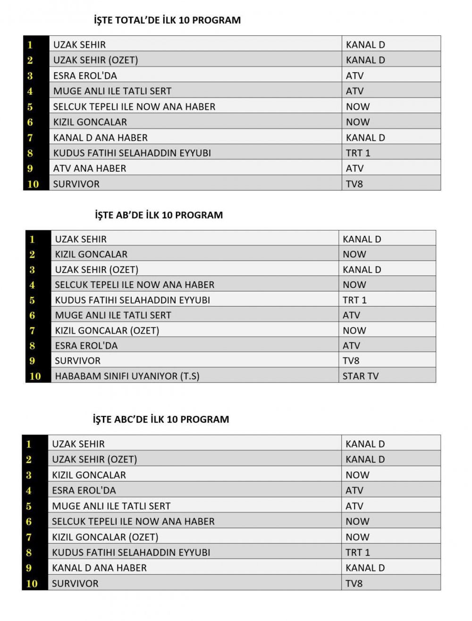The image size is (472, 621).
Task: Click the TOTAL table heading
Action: click(167, 20)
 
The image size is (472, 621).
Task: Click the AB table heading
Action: click(159, 215)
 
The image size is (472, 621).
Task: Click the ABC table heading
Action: click(160, 419)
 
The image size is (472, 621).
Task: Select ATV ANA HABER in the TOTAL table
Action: click(90, 168)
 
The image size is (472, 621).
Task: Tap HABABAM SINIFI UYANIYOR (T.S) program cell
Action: click(127, 376)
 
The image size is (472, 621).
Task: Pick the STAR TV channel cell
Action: click(361, 376)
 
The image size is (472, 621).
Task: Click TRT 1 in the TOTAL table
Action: click(358, 153)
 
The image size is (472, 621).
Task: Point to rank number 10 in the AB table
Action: click(35, 376)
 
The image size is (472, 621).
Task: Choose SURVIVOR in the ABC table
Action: click(75, 583)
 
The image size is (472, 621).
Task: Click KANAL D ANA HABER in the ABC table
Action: click(99, 568)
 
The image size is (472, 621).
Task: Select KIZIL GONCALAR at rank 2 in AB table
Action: click(91, 254)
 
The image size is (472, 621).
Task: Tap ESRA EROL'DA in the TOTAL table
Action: click(85, 75)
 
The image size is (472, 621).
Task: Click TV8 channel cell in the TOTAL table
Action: click(354, 184)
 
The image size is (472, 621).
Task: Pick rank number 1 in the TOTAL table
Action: click(30, 45)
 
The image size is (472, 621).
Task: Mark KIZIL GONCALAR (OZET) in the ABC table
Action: click(105, 537)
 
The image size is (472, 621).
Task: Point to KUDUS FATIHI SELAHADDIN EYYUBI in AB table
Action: click(132, 300)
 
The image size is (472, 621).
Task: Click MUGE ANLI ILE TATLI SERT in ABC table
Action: click(111, 506)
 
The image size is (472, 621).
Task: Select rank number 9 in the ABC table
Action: click(29, 568)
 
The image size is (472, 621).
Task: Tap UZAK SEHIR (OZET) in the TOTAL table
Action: click(95, 60)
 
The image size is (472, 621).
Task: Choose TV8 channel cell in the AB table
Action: click(351, 361)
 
